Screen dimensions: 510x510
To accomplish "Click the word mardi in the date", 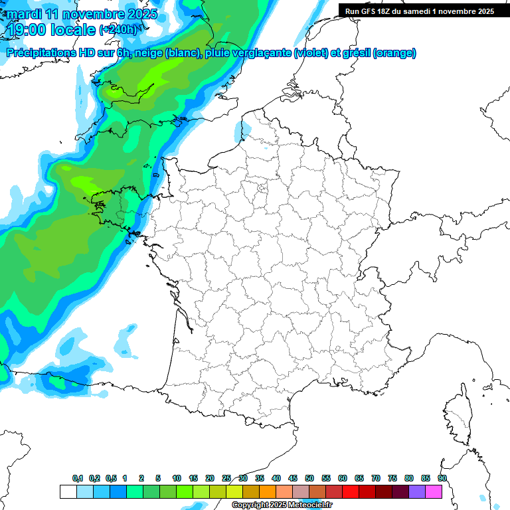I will [x=24, y=14].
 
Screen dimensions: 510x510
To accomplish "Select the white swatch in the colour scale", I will [x=68, y=492].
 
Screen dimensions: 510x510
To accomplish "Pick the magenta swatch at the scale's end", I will [x=434, y=492].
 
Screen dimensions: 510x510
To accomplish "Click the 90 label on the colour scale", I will [x=442, y=478].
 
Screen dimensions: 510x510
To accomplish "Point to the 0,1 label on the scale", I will [x=78, y=478].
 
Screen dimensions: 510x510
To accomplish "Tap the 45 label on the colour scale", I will [x=293, y=478].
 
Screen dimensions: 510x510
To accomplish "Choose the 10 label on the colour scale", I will [x=177, y=478].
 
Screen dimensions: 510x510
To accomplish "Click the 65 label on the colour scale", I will [x=359, y=478].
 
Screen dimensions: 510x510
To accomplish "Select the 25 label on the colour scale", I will [x=226, y=478].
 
